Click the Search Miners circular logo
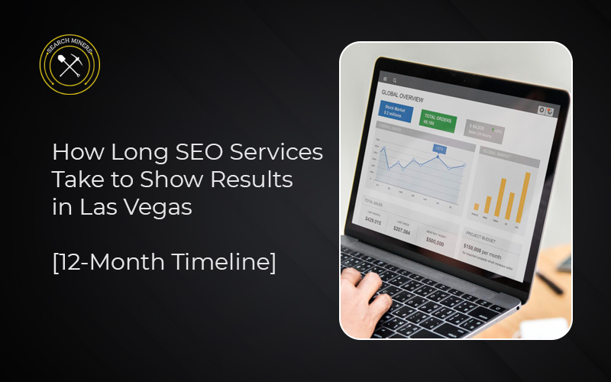pos(70,66)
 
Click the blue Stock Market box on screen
pos(396,113)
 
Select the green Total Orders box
pos(438,121)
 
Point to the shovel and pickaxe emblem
pos(70,68)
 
